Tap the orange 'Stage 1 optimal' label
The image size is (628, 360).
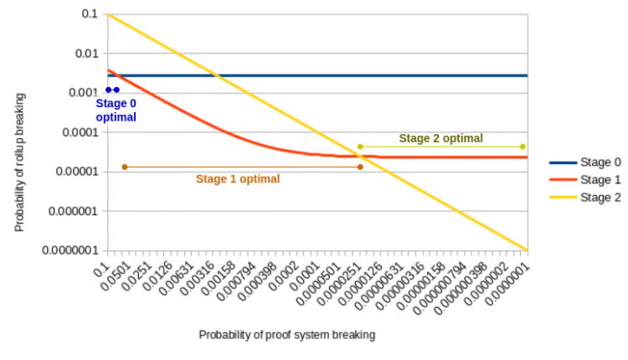coord(238,179)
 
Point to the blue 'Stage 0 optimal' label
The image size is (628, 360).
coord(116,111)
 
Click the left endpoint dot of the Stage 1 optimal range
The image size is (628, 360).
coord(125,167)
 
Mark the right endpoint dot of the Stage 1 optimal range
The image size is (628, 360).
coord(360,167)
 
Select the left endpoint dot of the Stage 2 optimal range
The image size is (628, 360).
coord(360,147)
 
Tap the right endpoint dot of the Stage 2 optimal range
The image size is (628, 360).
coord(522,147)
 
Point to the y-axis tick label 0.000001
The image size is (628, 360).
coord(75,211)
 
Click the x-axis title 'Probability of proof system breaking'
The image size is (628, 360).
coord(286,335)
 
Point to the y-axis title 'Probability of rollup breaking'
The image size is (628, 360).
coord(19,162)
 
